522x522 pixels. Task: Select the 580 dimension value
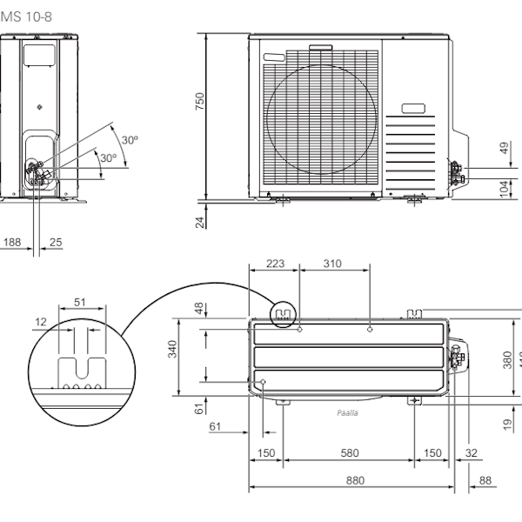(x=349, y=453)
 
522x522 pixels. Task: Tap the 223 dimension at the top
(x=275, y=263)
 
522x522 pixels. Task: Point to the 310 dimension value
(x=332, y=263)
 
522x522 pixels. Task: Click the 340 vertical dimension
(x=173, y=349)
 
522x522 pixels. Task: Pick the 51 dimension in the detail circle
(x=80, y=302)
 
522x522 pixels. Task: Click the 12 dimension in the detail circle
(x=40, y=322)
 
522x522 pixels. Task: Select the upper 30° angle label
(x=130, y=140)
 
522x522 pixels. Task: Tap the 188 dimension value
(x=11, y=242)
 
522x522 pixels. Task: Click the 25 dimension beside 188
(x=56, y=242)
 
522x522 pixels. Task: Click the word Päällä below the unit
(x=347, y=414)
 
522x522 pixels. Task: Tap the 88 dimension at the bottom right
(x=485, y=479)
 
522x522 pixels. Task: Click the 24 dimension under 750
(x=200, y=222)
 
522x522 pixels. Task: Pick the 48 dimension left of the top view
(x=199, y=309)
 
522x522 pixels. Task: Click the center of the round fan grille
(x=323, y=120)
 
